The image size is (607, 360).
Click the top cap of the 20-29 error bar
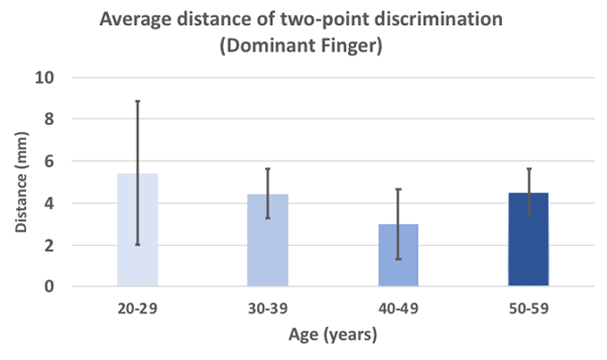pyautogui.click(x=137, y=101)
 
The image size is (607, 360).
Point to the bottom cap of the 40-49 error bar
pyautogui.click(x=398, y=259)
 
